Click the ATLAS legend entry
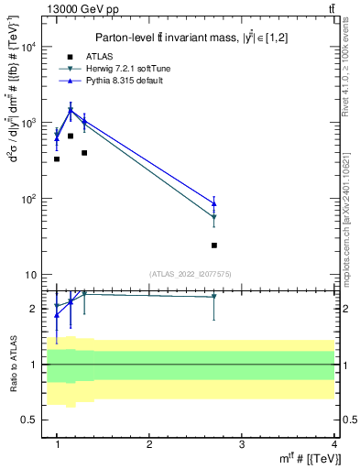click(x=95, y=56)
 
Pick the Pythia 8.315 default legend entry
click(x=119, y=81)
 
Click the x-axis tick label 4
click(x=334, y=444)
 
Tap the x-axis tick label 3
click(x=242, y=444)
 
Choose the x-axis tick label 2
click(x=149, y=444)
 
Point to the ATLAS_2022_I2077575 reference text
click(x=190, y=274)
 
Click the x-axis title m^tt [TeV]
click(x=311, y=459)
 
